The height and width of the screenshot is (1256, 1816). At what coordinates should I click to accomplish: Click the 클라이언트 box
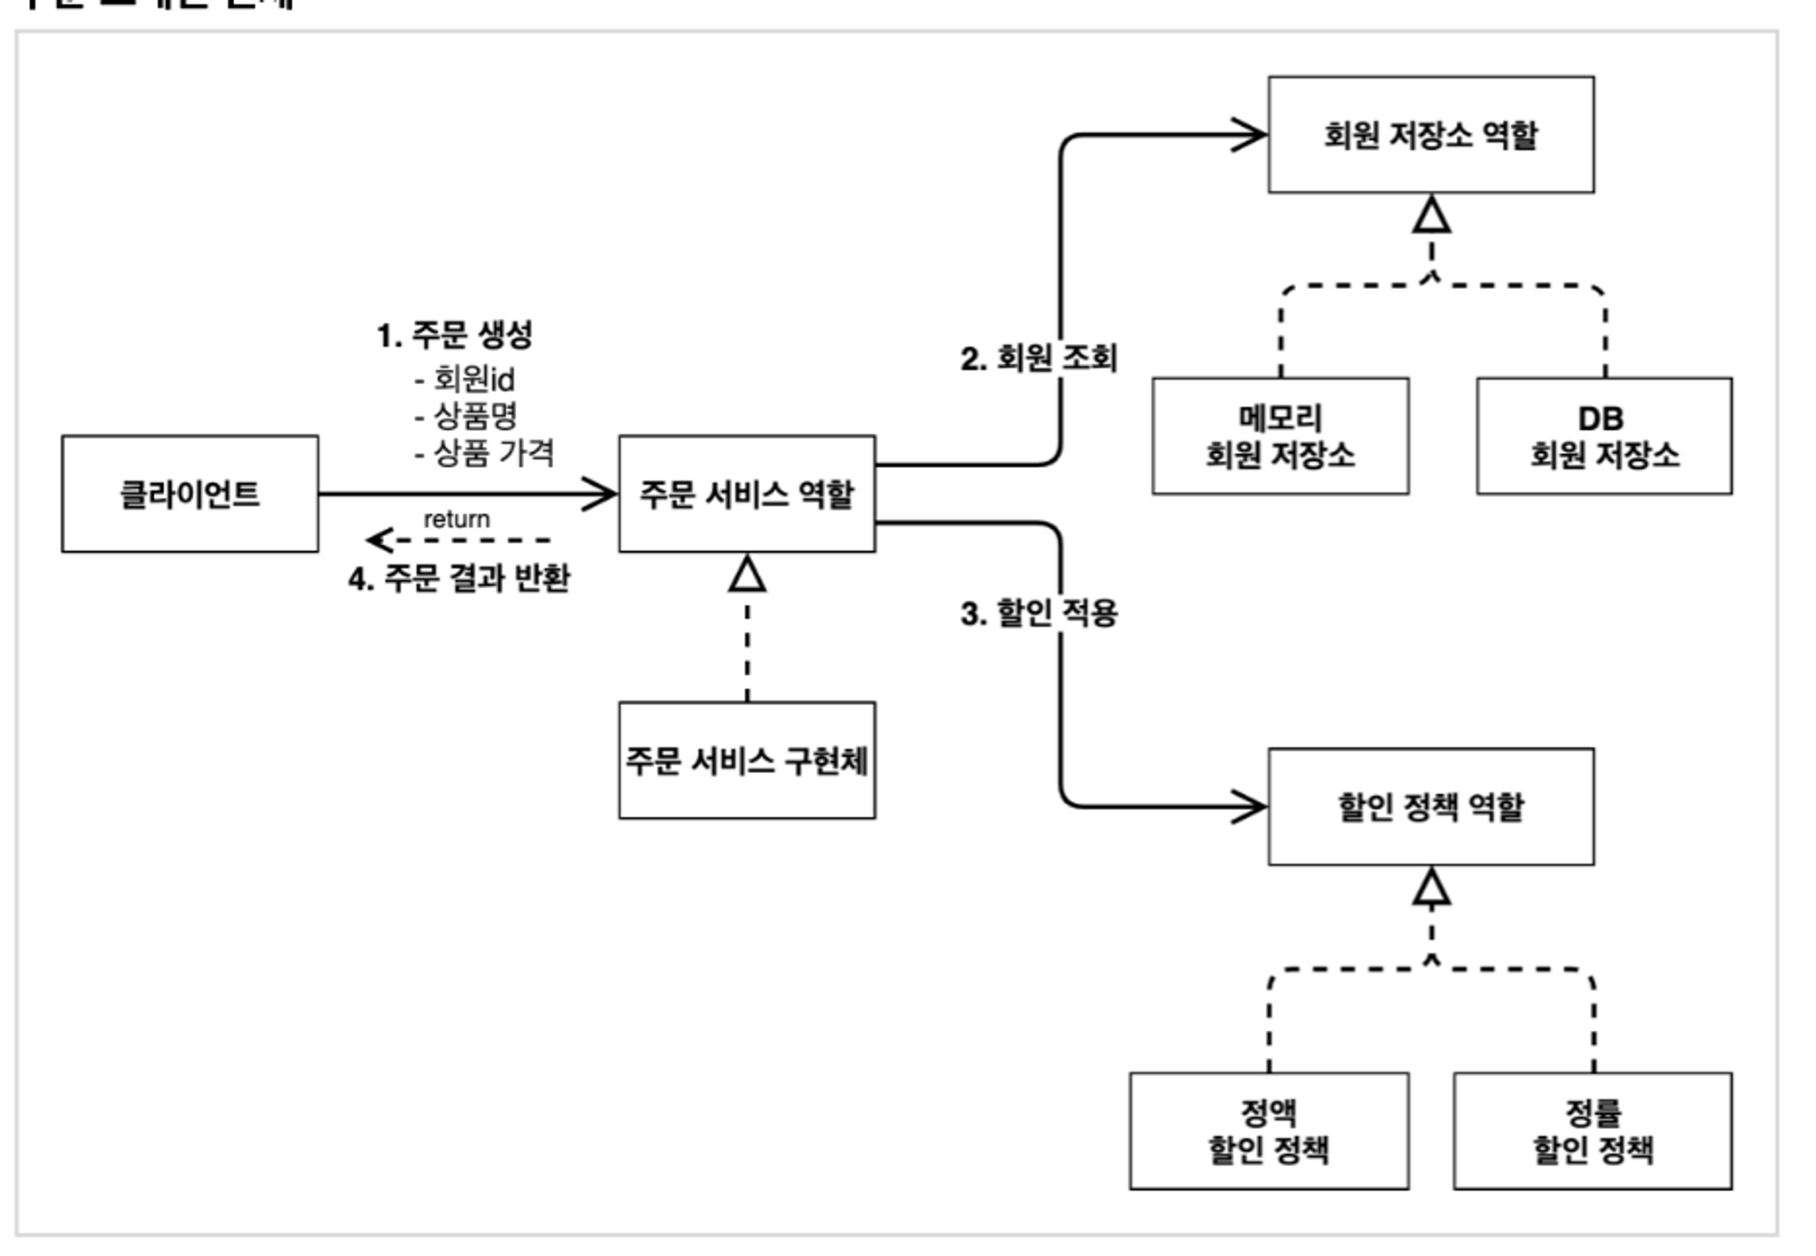pos(190,493)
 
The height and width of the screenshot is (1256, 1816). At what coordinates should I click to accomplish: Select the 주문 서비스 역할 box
pos(746,493)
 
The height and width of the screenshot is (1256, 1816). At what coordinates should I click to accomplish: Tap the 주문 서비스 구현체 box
pos(746,760)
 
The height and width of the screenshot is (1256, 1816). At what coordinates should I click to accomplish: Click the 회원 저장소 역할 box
pos(1430,134)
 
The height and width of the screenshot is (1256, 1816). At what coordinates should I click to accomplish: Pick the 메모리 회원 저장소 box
pos(1280,436)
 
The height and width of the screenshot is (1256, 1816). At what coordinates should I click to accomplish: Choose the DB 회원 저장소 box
pos(1604,436)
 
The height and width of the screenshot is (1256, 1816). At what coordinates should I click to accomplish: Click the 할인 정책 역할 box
pos(1430,806)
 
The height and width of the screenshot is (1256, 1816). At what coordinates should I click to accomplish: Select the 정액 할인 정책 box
pos(1268,1131)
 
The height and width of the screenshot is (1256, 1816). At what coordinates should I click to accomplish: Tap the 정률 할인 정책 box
pos(1593,1131)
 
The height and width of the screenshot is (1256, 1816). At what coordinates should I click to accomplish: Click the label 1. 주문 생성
pos(454,335)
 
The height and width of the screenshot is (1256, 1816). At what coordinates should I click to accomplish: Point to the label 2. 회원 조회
pos(1038,358)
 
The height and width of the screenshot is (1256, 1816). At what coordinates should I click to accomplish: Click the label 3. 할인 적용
pos(1038,613)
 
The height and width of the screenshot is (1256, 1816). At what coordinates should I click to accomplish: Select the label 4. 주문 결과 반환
pos(459,578)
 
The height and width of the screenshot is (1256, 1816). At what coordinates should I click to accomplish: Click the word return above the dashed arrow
pos(456,519)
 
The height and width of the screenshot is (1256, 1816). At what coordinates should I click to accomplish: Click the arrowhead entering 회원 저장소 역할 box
pos(1250,134)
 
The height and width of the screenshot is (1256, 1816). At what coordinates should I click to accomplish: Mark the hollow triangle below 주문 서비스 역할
pos(746,575)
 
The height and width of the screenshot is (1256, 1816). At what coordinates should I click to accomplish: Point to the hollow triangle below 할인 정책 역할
pos(1431,888)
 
